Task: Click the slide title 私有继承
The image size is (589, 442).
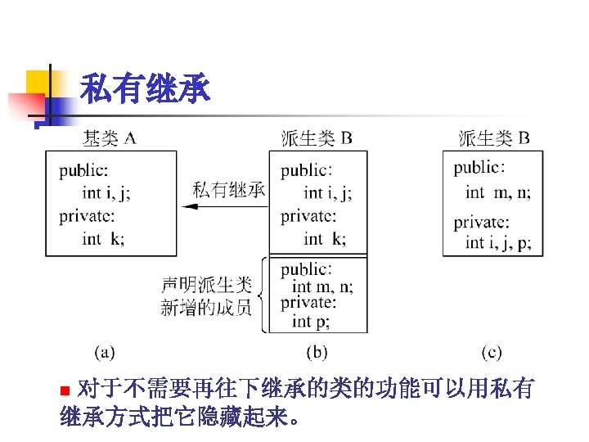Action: point(145,88)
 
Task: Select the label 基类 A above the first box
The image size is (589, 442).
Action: point(110,138)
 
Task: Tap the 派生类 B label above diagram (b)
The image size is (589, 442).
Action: point(317,138)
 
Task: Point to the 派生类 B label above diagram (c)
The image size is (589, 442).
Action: point(494,138)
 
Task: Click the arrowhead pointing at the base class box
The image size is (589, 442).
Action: point(190,206)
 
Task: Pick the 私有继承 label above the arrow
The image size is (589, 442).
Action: point(229,189)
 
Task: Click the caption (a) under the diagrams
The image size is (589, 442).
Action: point(105,353)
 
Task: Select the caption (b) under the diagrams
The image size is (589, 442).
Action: point(317,353)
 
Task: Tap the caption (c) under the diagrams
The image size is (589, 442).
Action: point(492,353)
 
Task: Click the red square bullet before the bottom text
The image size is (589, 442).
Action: point(65,390)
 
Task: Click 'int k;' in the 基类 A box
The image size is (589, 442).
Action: point(103,239)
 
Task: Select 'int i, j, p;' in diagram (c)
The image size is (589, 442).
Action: point(498,243)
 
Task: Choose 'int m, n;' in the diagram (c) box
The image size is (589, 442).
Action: point(498,193)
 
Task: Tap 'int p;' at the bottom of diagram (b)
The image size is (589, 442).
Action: point(311,322)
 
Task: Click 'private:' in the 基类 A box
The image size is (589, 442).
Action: point(87,217)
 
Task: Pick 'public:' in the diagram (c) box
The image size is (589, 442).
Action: point(479,168)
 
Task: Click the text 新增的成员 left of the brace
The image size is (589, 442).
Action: point(206,309)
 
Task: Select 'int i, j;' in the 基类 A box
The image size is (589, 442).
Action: point(106,193)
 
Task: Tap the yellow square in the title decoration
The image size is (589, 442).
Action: point(38,82)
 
